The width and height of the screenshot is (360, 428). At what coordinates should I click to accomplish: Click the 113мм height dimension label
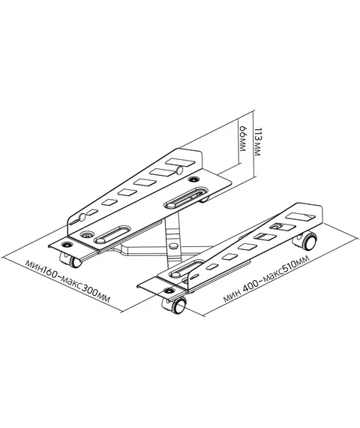[x=257, y=141]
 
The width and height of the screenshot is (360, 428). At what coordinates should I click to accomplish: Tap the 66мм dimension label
[x=242, y=139]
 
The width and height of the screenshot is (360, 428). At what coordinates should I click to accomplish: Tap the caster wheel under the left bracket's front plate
[x=71, y=259]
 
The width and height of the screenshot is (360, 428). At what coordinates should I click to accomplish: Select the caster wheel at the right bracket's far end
[x=306, y=241]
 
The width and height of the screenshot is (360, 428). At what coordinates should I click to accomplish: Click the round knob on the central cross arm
[x=173, y=246]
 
